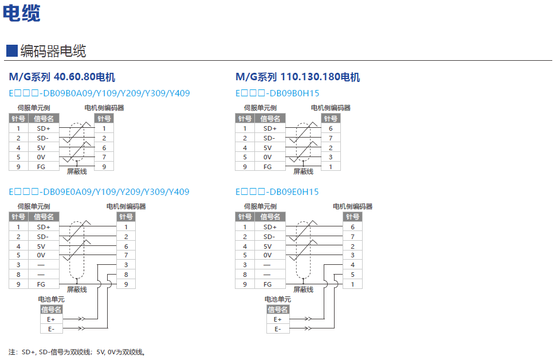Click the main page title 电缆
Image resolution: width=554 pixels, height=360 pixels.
point(22,13)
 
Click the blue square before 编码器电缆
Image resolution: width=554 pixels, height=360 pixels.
point(11,50)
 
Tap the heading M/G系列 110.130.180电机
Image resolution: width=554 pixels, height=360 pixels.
point(297,77)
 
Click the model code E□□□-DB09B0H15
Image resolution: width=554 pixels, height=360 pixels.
point(277,93)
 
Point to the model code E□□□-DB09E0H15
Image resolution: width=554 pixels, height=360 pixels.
point(277,192)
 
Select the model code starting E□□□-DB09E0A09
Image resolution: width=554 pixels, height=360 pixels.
point(99,192)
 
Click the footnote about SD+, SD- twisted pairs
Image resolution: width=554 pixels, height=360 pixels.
point(77,352)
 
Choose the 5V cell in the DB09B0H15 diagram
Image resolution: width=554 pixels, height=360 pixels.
point(268,148)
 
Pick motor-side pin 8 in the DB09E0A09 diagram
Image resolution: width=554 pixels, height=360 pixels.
point(126,275)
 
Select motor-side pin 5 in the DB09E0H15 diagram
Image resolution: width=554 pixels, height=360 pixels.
point(353,275)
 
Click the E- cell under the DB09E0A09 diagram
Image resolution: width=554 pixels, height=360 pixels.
point(51,328)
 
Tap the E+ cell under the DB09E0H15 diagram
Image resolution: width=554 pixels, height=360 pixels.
point(278,319)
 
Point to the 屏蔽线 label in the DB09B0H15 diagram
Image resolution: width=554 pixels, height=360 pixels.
point(304,171)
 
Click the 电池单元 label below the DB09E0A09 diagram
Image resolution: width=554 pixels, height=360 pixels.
point(51,299)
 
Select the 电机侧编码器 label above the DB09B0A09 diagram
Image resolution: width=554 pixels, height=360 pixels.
point(104,108)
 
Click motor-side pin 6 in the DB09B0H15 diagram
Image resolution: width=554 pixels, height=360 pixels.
point(331,128)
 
